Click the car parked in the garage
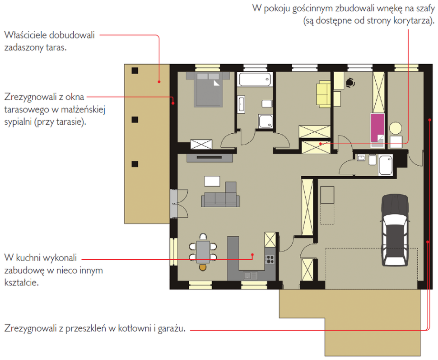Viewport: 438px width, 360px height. [x=395, y=230]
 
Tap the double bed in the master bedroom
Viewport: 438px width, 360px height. [x=208, y=89]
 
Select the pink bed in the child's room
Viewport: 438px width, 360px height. [x=377, y=129]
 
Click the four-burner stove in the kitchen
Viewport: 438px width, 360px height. [x=270, y=259]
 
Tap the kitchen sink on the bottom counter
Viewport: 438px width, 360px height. [x=250, y=276]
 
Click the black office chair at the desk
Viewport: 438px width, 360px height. [x=350, y=83]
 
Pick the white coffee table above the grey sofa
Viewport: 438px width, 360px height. [x=212, y=181]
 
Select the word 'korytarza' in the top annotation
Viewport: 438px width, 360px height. [x=412, y=21]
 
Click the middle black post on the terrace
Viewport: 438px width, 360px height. [x=135, y=120]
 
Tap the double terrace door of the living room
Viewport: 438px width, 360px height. [x=179, y=203]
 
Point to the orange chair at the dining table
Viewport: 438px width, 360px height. [x=203, y=267]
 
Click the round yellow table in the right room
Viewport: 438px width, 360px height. [x=396, y=128]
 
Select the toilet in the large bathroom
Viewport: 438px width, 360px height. [x=267, y=104]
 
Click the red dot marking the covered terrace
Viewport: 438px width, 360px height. [x=159, y=82]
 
